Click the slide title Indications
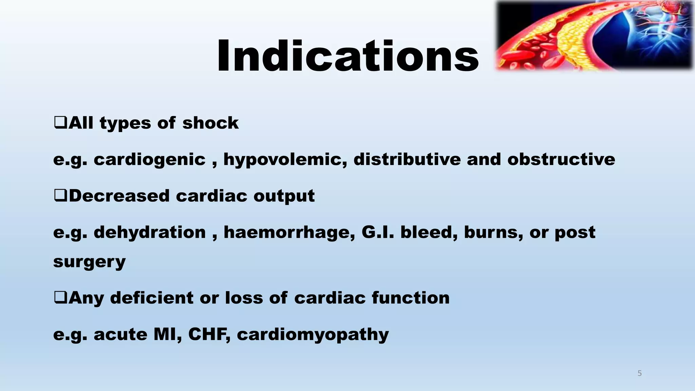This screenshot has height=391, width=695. (347, 56)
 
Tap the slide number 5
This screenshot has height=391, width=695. (640, 373)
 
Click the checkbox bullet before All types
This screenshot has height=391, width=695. (60, 123)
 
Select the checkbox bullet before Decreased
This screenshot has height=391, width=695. (60, 195)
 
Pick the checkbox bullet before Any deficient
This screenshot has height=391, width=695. (60, 297)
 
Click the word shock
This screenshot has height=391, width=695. (210, 123)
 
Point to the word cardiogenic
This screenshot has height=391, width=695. (150, 160)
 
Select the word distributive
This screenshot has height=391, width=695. (407, 159)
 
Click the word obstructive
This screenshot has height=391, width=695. (561, 159)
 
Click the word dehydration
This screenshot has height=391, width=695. (150, 232)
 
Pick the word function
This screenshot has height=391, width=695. (411, 298)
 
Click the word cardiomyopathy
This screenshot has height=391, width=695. (313, 335)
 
